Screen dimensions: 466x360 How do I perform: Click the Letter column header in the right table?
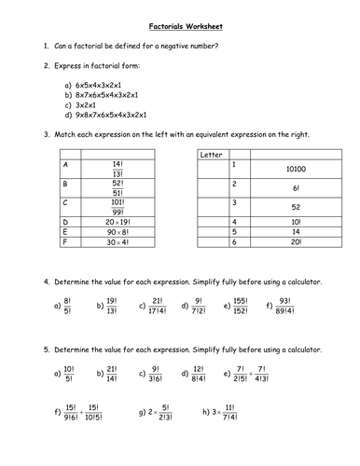pos(212,154)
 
